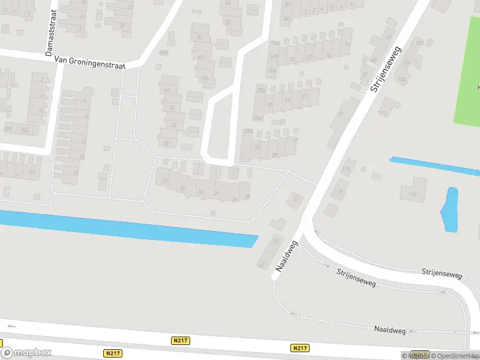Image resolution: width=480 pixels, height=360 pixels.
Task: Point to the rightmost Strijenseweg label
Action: (442, 274)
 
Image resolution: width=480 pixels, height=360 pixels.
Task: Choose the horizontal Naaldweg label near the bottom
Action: (390, 329)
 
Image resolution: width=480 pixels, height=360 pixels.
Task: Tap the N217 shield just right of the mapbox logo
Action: (112, 353)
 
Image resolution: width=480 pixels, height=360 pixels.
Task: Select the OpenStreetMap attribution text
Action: (455, 356)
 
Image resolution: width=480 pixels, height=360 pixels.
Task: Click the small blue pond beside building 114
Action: (449, 210)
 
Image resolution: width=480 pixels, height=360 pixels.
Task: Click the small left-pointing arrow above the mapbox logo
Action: (11, 326)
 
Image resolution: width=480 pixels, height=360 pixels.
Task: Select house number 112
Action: (383, 112)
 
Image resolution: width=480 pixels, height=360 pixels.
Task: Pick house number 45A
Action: (163, 53)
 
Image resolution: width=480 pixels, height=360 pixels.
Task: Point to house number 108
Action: (419, 43)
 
